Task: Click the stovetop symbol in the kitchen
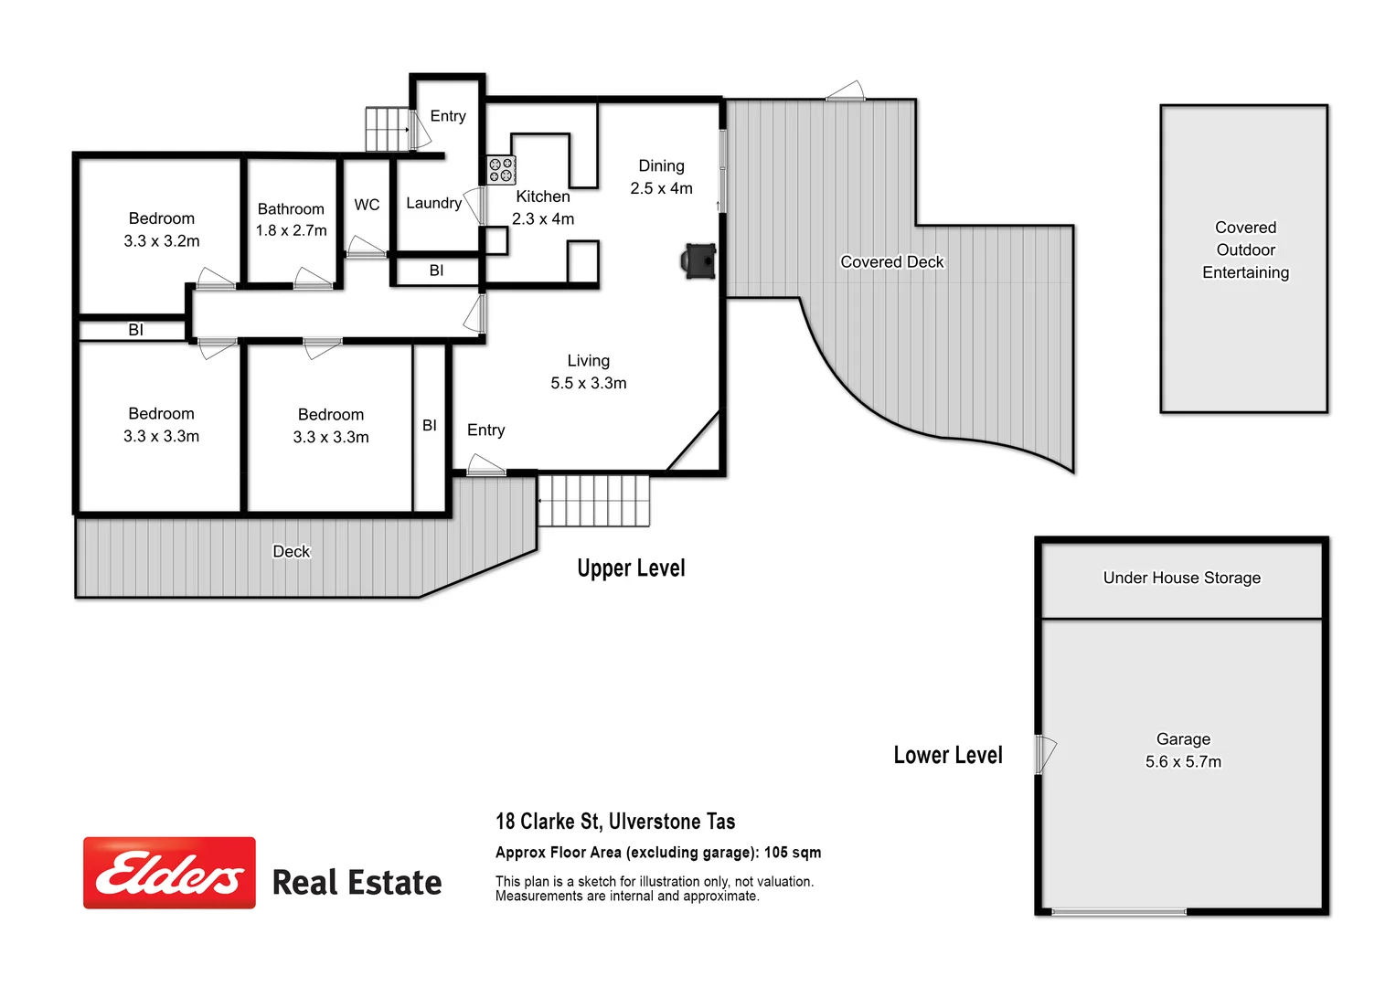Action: click(x=501, y=170)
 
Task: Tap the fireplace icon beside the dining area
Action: click(x=699, y=260)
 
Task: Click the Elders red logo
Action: click(x=169, y=873)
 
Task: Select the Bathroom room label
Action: click(x=291, y=209)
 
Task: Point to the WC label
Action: click(x=367, y=205)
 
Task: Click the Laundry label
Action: click(x=433, y=203)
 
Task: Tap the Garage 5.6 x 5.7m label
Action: click(x=1183, y=750)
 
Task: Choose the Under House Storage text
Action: click(x=1181, y=578)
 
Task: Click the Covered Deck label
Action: click(x=891, y=262)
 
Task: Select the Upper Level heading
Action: click(x=631, y=568)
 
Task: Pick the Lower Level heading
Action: click(x=948, y=755)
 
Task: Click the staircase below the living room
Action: click(x=593, y=501)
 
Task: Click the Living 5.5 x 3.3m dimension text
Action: click(x=588, y=383)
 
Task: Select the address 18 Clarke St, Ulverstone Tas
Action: click(x=615, y=822)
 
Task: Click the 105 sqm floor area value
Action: click(x=793, y=853)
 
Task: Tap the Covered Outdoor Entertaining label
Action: click(x=1245, y=249)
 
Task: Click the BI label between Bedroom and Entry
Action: click(x=430, y=425)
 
